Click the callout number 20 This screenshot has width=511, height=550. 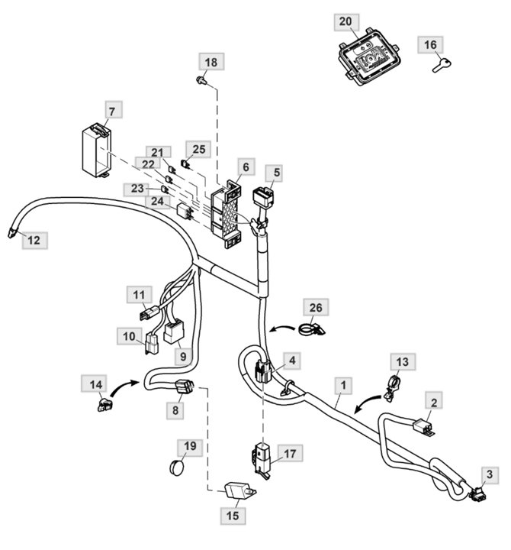(345, 23)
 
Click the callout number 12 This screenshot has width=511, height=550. (33, 241)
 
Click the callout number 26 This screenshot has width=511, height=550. (316, 308)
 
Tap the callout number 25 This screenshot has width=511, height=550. (199, 147)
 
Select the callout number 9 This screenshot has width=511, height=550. (182, 355)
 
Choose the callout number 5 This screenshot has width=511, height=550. (277, 173)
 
